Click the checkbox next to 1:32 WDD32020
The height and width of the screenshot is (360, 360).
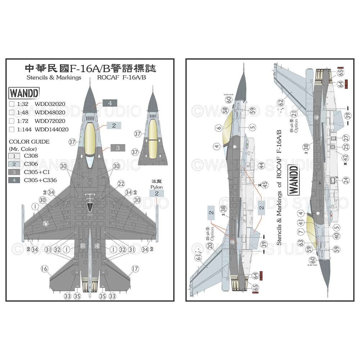12,104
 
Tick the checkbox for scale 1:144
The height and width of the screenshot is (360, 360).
12,129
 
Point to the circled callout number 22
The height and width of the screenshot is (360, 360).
121,184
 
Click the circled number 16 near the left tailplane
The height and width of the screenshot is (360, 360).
45,269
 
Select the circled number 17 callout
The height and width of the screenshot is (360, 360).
135,269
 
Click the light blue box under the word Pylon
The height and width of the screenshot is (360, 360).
157,193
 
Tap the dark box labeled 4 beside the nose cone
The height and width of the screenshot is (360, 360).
110,103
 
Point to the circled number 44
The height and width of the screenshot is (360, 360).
261,166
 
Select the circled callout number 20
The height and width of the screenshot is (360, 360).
211,245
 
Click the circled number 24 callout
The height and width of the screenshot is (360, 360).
346,180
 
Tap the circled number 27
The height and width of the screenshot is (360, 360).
346,138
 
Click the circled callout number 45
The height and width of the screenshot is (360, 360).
266,184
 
